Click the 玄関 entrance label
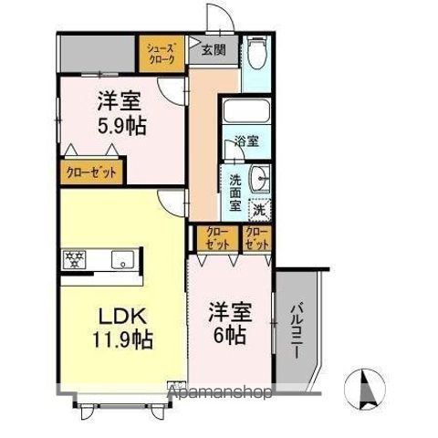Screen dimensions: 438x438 [214, 50]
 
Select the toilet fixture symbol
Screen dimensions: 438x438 [258, 55]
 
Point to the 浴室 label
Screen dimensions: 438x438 [246, 141]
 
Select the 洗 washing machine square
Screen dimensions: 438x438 [261, 208]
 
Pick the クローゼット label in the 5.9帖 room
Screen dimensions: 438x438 [91, 171]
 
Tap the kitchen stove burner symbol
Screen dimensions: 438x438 [75, 259]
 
